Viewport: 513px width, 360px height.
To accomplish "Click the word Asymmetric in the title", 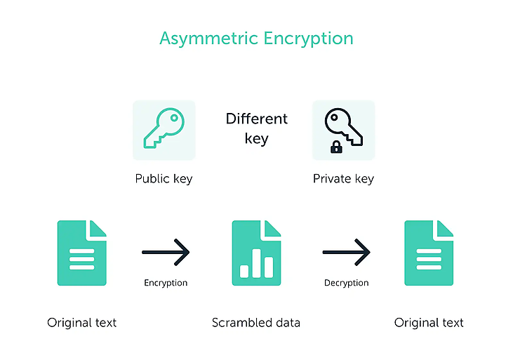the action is point(208,39).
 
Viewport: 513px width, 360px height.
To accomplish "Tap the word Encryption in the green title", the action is point(309,39).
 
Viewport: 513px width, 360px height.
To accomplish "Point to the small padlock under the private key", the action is point(336,147).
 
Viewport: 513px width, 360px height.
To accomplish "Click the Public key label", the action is point(164,179).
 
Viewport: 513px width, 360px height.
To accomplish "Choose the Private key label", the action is point(343,179).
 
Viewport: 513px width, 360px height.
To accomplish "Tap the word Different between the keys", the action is point(257,119).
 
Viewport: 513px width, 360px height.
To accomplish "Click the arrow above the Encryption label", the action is point(166,252).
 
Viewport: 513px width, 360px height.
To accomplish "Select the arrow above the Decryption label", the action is point(346,252).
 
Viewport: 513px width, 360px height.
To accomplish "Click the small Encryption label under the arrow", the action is point(166,283).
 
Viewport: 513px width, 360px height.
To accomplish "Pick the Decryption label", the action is point(346,283).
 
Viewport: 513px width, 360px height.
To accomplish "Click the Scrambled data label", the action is point(256,323).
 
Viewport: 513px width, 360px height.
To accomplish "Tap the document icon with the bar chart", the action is point(257,253).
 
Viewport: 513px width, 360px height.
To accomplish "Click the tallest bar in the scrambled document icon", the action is point(257,263).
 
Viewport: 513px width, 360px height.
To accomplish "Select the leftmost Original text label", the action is point(82,323).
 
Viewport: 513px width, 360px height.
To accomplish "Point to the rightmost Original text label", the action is point(429,323).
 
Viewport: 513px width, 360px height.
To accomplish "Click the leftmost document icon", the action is point(82,253).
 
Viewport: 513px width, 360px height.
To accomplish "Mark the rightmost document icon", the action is point(429,253).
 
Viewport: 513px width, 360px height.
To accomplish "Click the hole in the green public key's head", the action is point(174,118).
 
